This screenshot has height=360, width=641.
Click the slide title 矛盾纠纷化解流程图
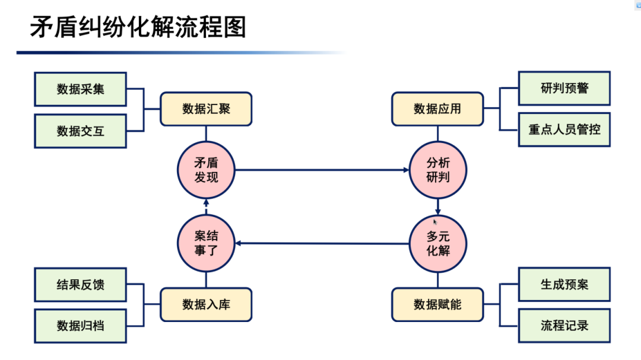point(138,28)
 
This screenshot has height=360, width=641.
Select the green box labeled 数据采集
point(80,89)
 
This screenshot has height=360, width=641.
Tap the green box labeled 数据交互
point(80,131)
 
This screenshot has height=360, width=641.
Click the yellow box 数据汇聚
point(206,109)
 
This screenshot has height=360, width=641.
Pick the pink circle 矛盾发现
point(206,170)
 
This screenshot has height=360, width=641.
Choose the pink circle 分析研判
point(438,170)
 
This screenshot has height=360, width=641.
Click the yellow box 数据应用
point(437,109)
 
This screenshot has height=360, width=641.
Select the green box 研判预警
point(564,89)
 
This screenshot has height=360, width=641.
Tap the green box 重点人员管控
point(564,129)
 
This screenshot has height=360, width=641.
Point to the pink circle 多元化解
point(438,243)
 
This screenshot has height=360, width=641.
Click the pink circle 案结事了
point(206,243)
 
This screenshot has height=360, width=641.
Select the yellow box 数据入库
point(206,305)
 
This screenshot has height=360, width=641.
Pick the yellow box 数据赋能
point(437,305)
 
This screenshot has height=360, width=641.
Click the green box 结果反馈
point(80,285)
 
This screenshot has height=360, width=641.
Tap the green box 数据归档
point(80,326)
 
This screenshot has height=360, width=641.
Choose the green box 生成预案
point(564,285)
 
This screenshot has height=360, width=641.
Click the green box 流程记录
point(564,326)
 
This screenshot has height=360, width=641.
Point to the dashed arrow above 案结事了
point(206,208)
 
